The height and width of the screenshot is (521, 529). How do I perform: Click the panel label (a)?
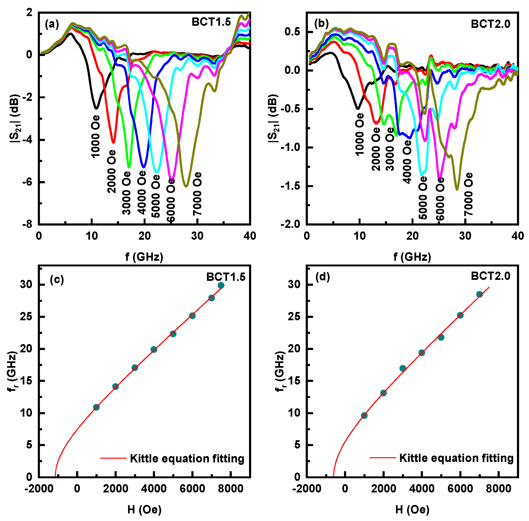(x=52, y=25)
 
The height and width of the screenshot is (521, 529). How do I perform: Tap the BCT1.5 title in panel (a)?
(x=211, y=22)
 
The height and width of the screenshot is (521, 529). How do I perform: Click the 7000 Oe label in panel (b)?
(x=469, y=194)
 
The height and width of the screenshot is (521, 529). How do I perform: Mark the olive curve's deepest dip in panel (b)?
(x=457, y=189)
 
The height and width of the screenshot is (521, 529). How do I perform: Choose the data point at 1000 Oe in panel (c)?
(x=96, y=407)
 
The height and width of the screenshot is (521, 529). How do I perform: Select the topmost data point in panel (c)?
(x=221, y=285)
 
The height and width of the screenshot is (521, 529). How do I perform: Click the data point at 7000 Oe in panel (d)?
(x=479, y=295)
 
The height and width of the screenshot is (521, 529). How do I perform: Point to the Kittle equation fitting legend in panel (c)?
(x=187, y=459)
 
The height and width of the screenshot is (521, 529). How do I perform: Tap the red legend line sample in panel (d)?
(x=383, y=457)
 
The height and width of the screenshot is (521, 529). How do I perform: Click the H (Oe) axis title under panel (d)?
(x=412, y=509)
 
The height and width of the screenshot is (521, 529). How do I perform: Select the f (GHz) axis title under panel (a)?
(x=144, y=257)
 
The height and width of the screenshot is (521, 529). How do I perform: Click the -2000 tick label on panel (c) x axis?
(x=39, y=488)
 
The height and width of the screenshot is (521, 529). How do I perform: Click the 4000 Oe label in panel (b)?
(x=407, y=162)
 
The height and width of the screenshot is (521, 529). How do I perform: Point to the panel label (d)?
(x=323, y=277)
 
